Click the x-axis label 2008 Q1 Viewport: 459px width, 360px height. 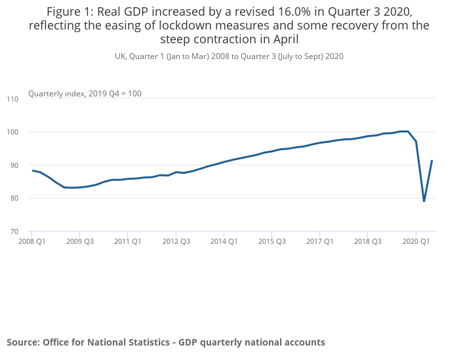[x=31, y=241]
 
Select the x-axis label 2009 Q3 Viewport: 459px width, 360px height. [x=79, y=241]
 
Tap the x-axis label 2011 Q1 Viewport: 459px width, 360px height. [x=127, y=241]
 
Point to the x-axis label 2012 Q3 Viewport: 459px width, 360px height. [x=176, y=241]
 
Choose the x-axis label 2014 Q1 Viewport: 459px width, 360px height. [x=224, y=241]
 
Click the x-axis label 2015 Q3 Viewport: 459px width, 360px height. [x=271, y=241]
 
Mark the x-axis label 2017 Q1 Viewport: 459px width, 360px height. [x=319, y=241]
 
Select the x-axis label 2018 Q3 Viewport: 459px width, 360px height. [x=367, y=241]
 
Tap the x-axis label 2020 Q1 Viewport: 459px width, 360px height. [x=416, y=241]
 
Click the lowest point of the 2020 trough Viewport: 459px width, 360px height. [x=424, y=201]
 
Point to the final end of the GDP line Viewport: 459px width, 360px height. [x=432, y=161]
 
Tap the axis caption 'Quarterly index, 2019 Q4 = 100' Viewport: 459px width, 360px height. [x=85, y=94]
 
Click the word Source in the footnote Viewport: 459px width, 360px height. [x=23, y=342]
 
